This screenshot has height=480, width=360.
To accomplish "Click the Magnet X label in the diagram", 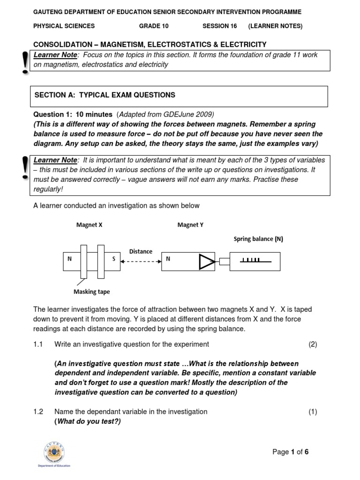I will pos(89,225).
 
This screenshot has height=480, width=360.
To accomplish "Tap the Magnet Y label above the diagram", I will pos(190,225).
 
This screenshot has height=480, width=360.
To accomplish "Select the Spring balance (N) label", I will pos(258,239).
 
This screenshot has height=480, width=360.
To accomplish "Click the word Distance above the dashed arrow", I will pos(141,251).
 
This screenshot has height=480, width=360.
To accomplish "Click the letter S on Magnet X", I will pos(113,259).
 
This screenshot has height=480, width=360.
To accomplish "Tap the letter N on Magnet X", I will pos(69,259).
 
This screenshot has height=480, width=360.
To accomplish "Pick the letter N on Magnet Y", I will pos(168,259).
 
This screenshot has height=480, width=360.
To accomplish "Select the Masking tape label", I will pos(92,292).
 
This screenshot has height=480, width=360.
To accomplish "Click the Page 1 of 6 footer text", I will pos(291,452).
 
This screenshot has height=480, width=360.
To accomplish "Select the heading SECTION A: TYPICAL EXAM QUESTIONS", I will pos(105,95).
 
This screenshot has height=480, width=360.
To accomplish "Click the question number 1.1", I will pos(38,345).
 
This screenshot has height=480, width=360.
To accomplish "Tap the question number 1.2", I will pos(38,412).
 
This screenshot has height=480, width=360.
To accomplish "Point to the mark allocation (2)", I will pos(313,345).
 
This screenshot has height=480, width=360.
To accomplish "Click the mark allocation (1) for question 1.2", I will pos(313,412).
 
